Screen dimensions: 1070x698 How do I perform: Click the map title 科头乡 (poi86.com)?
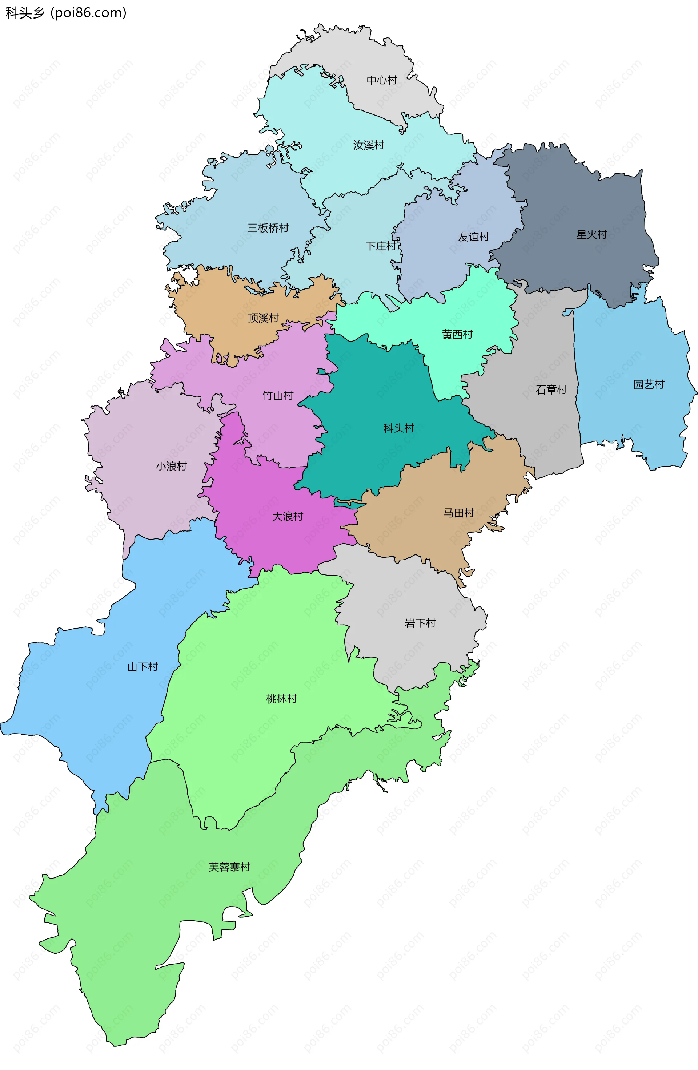[x=66, y=13]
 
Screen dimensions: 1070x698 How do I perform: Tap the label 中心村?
[x=382, y=80]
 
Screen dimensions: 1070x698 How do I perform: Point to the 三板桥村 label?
[x=268, y=228]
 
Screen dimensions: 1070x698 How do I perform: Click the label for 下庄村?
[x=381, y=246]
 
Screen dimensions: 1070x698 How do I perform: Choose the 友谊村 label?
[x=473, y=237]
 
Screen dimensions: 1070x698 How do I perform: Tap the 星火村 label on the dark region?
[x=591, y=235]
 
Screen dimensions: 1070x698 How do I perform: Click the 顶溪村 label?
[x=264, y=318]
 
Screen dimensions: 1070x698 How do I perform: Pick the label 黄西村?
[x=457, y=335]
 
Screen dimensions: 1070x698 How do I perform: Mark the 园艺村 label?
[x=649, y=384]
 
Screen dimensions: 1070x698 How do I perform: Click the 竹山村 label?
[x=278, y=396]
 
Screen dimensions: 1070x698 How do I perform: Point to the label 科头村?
[x=398, y=428]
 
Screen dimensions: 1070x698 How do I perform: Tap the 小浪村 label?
[x=171, y=466]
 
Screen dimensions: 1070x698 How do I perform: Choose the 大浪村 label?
[x=288, y=517]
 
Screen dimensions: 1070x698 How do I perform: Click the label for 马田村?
[x=459, y=513]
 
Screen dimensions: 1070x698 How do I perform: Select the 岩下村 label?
[x=420, y=623]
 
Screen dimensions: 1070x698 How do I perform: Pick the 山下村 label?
[x=143, y=667]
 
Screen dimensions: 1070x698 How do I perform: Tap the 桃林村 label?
[x=281, y=699]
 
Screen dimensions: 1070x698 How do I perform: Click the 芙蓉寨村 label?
[x=229, y=867]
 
